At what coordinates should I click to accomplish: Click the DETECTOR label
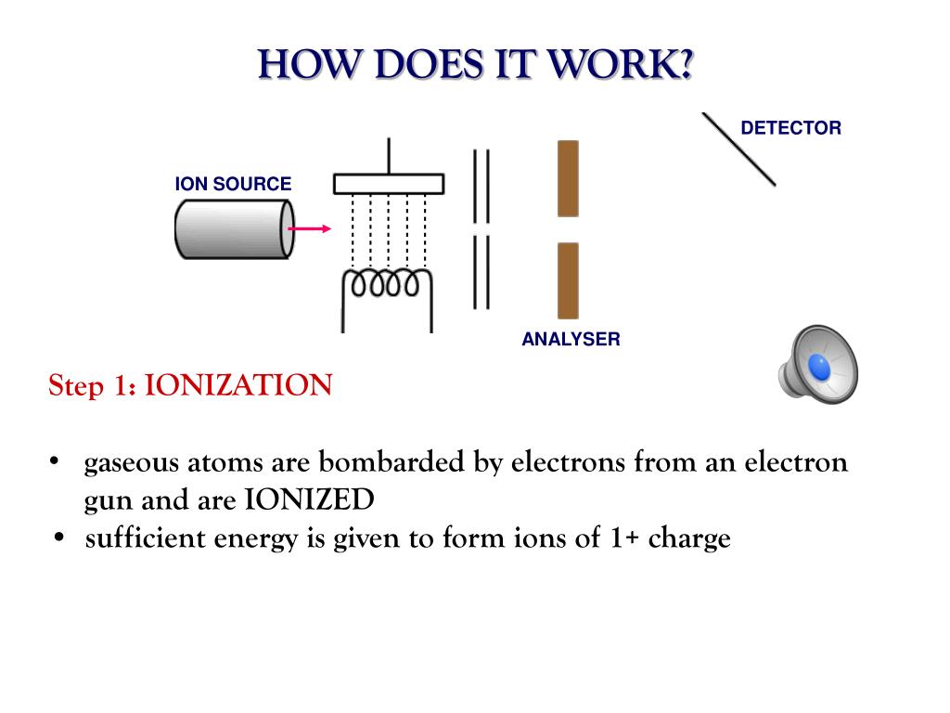(790, 128)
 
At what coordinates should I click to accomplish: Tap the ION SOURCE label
(233, 184)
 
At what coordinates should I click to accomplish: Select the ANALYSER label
(571, 339)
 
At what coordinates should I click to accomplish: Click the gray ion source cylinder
(233, 229)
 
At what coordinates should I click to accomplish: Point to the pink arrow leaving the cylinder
(309, 228)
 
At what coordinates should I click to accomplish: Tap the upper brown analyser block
(568, 178)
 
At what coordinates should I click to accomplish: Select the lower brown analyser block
(568, 280)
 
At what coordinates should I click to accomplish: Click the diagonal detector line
(738, 149)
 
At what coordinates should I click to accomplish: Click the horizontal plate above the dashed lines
(389, 183)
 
